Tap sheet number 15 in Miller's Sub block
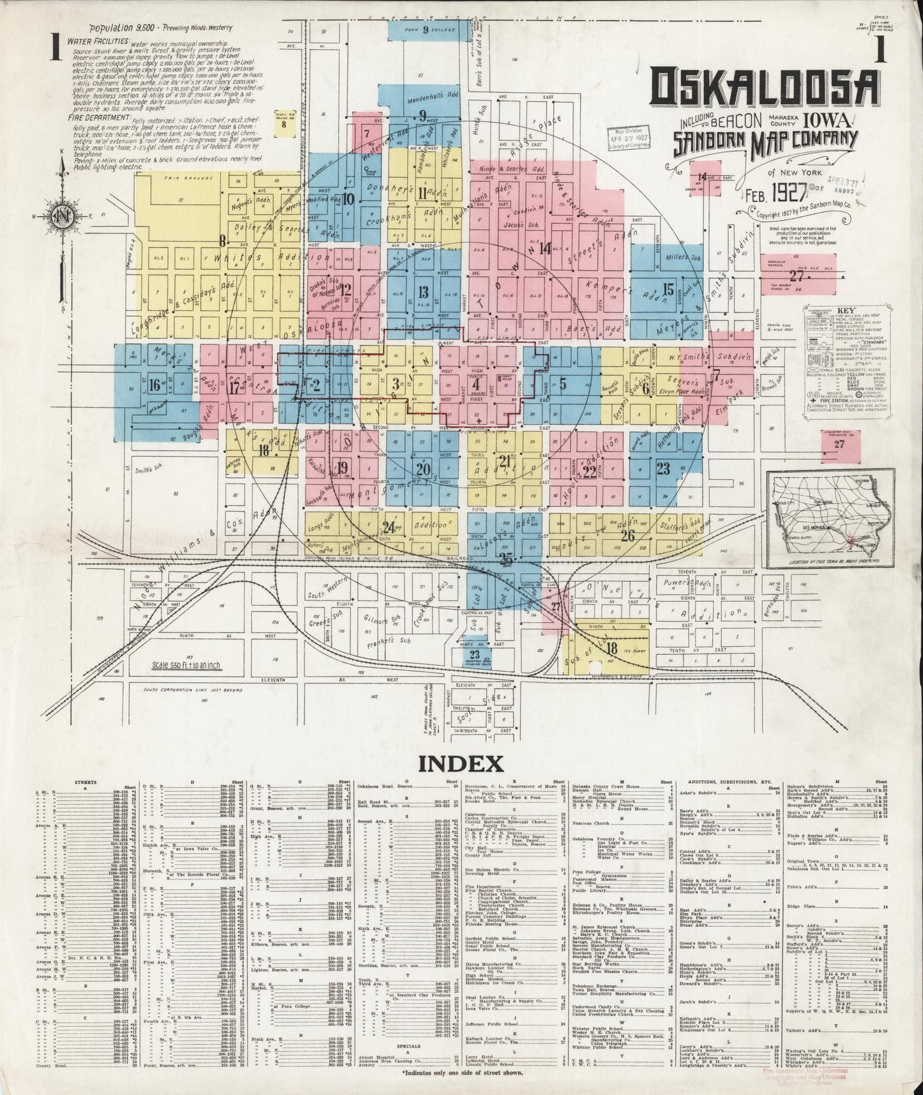tap(668, 287)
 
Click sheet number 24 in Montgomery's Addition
tap(388, 527)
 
